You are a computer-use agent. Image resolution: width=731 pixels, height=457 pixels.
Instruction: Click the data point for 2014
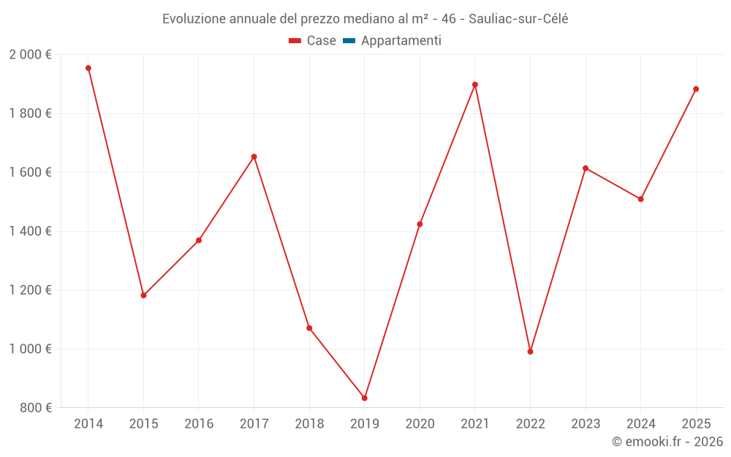coord(88,68)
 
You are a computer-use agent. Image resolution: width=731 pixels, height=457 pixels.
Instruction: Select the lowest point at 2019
coord(365,398)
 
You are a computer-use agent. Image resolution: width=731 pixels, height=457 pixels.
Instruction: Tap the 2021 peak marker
coord(475,85)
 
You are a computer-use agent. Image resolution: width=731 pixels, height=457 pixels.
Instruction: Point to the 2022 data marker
coord(530,352)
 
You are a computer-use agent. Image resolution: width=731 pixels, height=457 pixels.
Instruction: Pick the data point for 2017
coord(254,156)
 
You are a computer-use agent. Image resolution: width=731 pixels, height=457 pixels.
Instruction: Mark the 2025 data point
coord(696,89)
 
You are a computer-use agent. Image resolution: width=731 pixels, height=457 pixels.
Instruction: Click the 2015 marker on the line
coord(143,295)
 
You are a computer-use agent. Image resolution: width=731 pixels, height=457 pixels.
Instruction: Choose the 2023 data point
coord(586,168)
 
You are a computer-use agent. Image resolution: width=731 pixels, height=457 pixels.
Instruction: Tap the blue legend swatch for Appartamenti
coord(349,41)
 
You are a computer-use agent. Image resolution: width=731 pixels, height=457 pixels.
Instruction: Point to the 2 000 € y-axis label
coord(30,55)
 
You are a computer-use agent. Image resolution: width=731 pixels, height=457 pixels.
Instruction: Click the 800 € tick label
coord(35,408)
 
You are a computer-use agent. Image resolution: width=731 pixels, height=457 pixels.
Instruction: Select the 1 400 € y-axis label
coord(30,231)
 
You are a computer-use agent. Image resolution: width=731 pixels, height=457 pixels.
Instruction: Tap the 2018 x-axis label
coord(309,424)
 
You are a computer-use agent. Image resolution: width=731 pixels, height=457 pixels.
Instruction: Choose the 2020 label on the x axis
coord(420,424)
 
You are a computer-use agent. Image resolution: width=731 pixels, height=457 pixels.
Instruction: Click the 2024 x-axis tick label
coord(640,424)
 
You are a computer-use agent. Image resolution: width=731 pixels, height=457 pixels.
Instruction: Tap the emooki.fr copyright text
coord(667,442)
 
